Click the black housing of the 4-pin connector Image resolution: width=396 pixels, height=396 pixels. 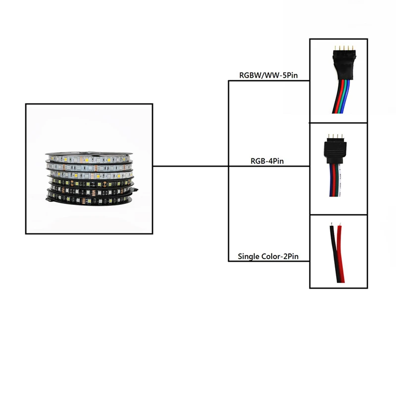(x=332, y=147)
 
